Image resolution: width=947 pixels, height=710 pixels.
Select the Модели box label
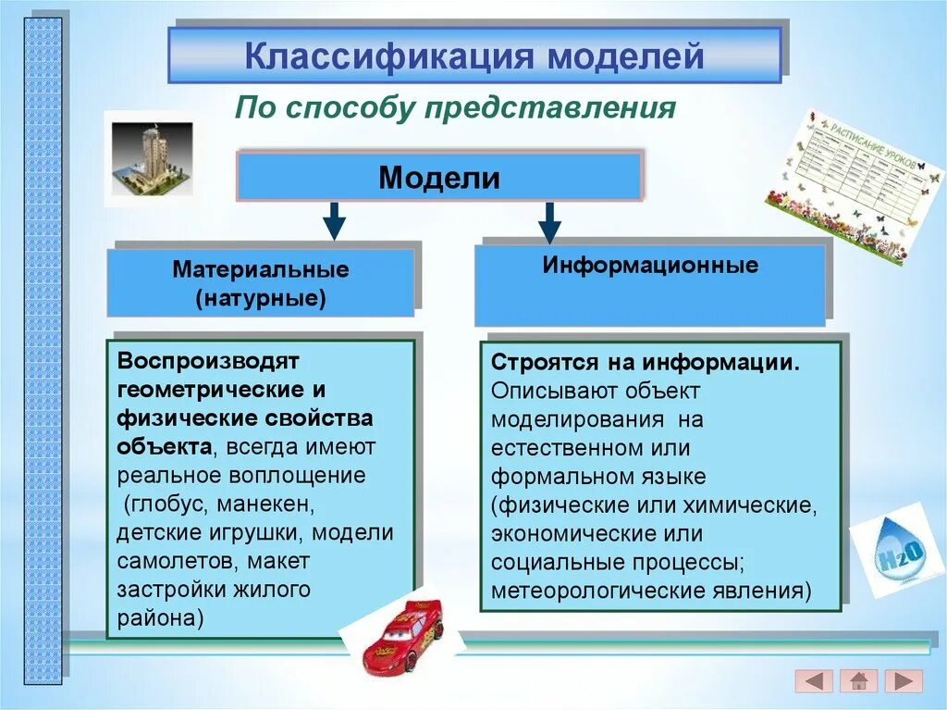pos(439,178)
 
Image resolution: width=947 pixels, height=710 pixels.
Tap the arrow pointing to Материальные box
pos(335,222)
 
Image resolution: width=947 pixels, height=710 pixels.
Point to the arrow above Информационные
pos(549,223)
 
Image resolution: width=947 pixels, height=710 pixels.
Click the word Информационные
pos(650,266)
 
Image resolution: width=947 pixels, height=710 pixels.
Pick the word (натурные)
pos(261,299)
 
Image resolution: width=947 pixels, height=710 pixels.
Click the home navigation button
pos(858,681)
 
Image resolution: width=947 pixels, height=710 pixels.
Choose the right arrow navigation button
pos(903,681)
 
